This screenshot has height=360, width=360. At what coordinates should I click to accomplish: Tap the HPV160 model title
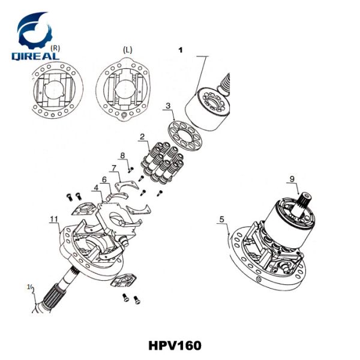coord(174,346)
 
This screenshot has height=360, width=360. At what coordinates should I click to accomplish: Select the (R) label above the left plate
coord(56,47)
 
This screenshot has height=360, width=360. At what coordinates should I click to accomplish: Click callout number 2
coord(142,137)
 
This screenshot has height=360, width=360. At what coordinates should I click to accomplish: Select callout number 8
coord(122,156)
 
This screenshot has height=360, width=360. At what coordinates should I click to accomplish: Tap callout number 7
coord(113,167)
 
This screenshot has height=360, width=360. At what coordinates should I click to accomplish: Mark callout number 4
coord(96,189)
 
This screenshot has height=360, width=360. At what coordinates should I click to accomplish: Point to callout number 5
coord(221,220)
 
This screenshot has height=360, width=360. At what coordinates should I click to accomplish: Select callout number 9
coord(292,178)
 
